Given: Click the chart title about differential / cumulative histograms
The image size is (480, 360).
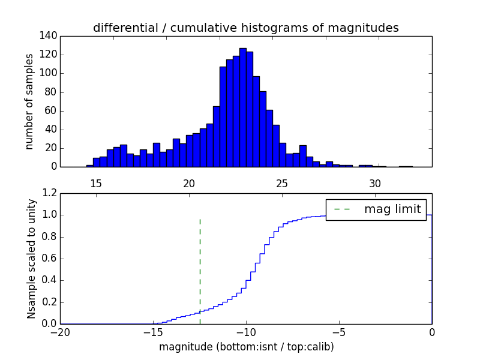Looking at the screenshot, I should [245, 28].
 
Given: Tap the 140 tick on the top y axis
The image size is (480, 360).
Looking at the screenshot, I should [50, 36].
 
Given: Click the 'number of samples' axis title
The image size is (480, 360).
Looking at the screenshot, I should [29, 101].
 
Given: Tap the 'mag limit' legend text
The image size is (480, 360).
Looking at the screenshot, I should [392, 209].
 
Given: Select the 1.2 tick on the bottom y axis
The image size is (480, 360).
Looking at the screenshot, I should [50, 193].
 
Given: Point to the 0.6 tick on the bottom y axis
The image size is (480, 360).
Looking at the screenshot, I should [50, 259].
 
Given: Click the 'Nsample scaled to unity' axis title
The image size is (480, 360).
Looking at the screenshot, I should [31, 259].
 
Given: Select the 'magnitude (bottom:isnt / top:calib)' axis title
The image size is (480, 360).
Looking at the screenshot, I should [246, 347].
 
